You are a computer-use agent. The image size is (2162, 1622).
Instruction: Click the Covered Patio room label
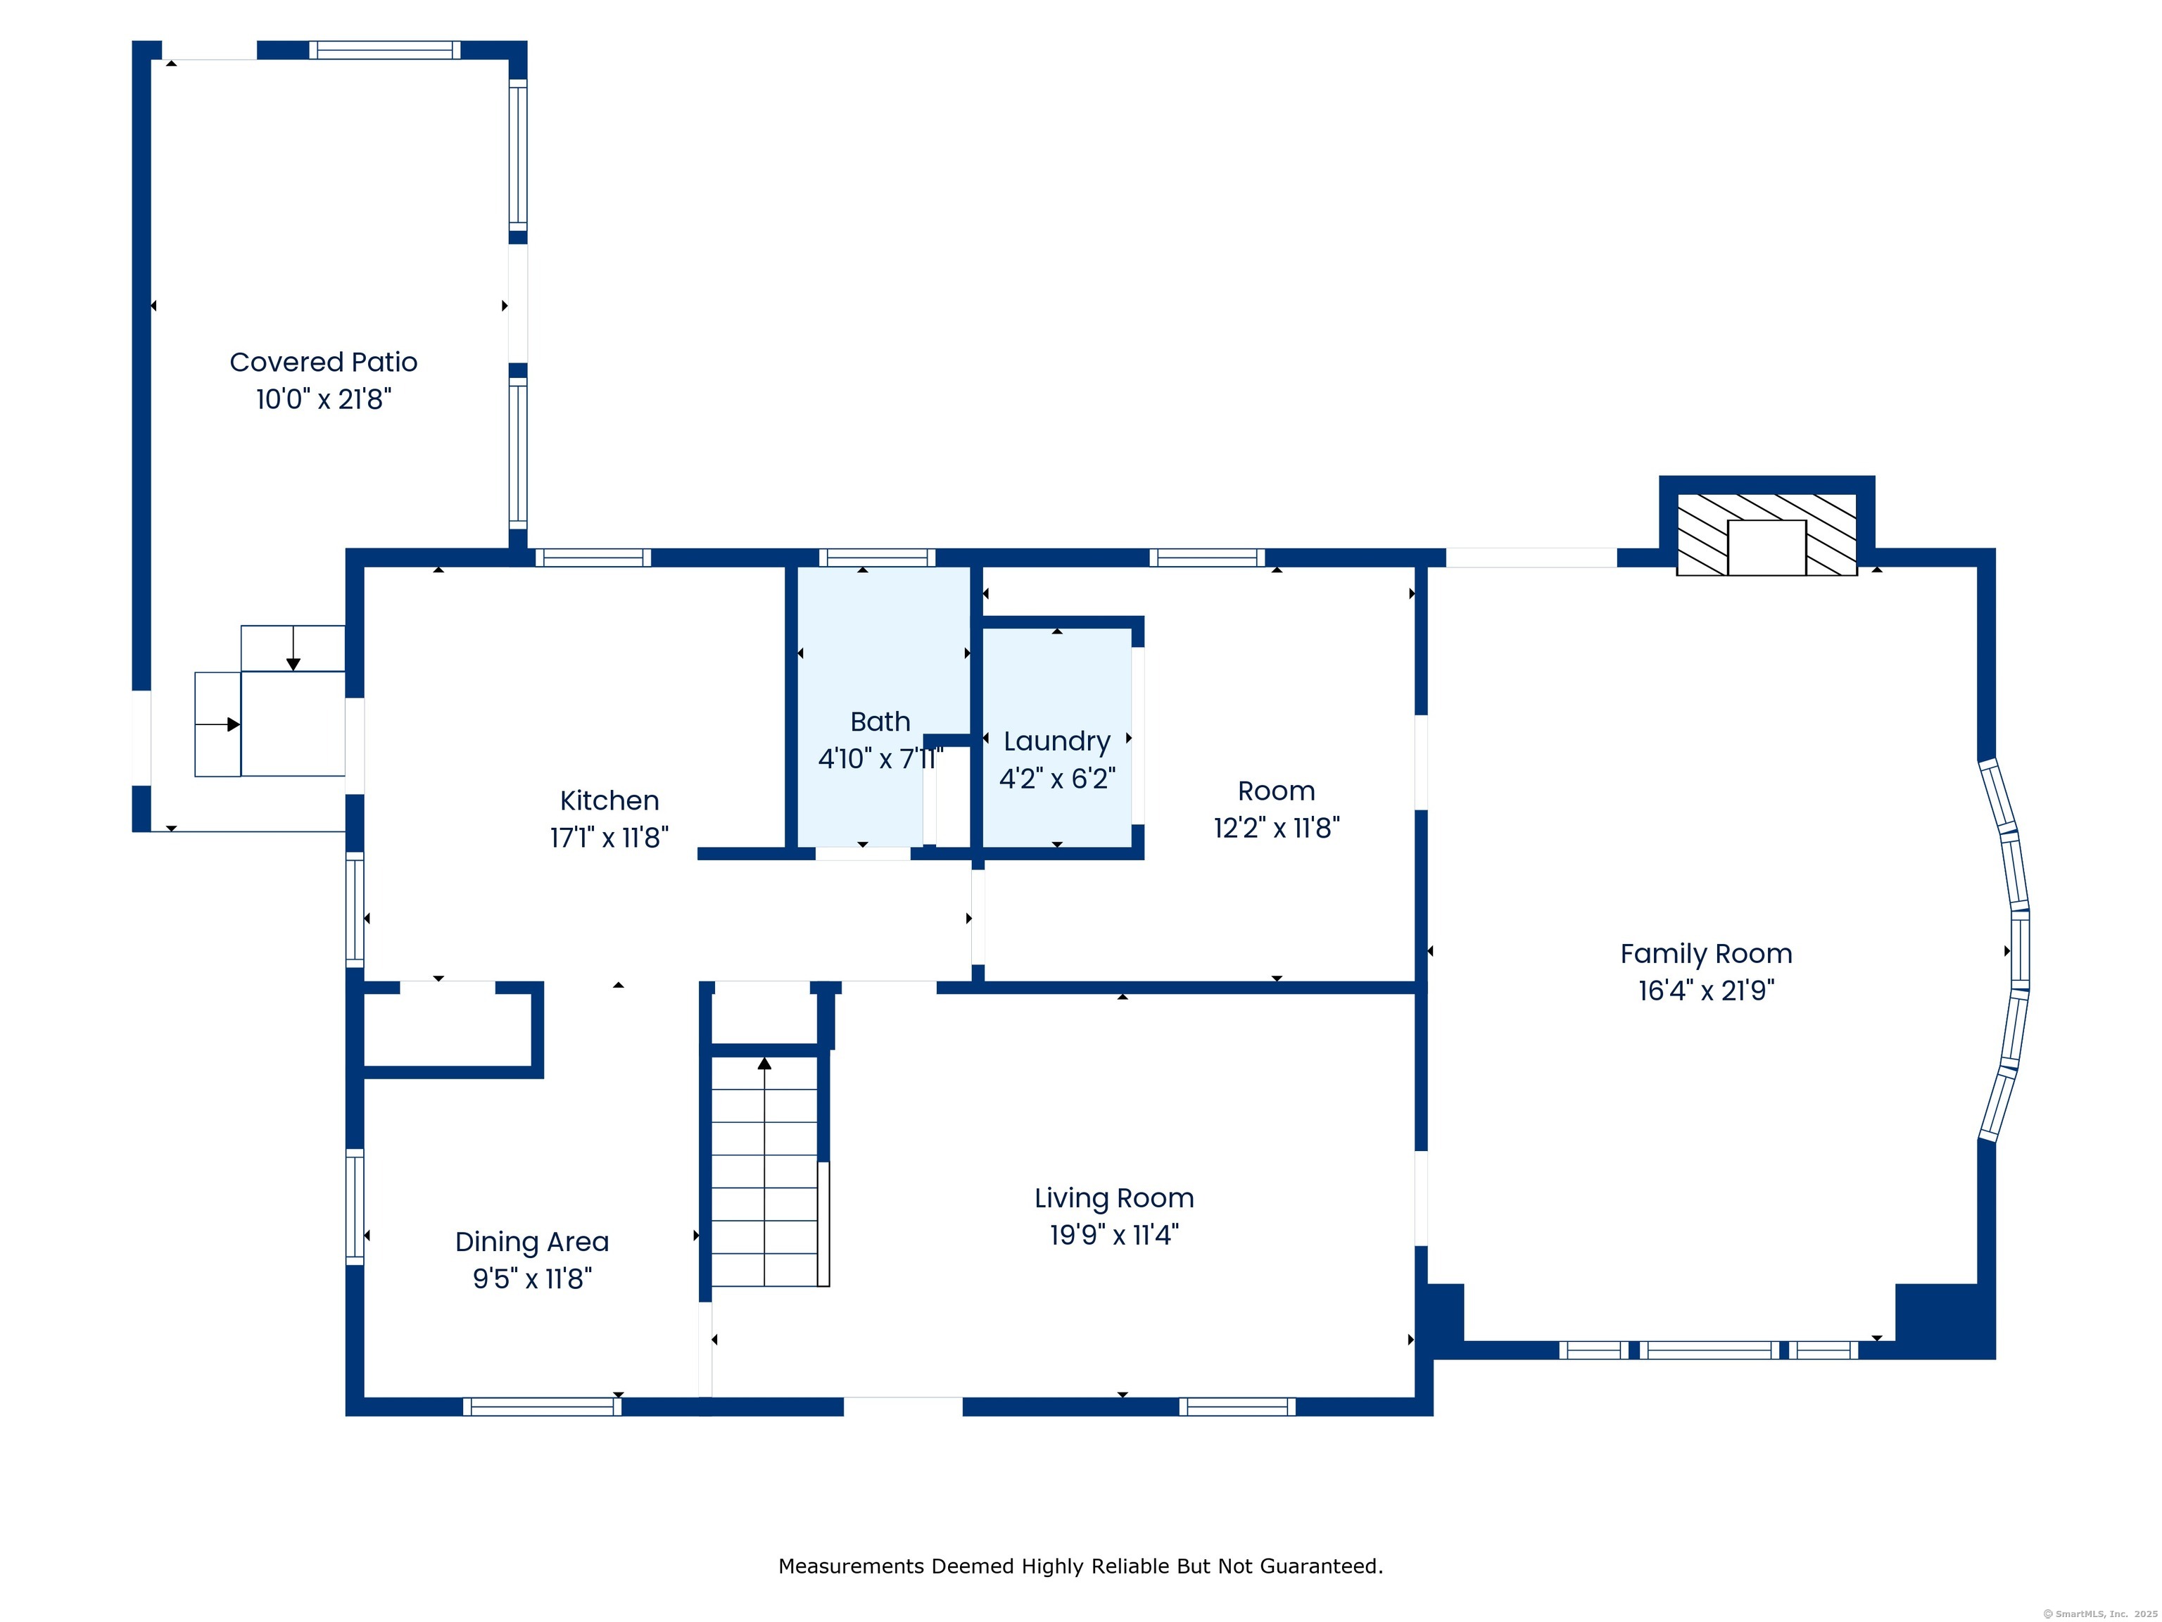pyautogui.click(x=324, y=363)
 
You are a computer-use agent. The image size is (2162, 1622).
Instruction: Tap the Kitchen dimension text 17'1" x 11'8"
pyautogui.click(x=609, y=838)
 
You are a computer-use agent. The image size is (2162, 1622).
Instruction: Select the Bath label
pyautogui.click(x=880, y=722)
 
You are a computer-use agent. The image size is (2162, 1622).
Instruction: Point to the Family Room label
pyautogui.click(x=1705, y=953)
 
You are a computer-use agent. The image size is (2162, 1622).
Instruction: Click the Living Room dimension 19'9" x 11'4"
pyautogui.click(x=1113, y=1235)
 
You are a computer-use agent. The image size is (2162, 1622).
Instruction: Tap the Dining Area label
pyautogui.click(x=532, y=1242)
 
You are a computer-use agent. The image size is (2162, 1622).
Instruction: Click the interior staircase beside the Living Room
pyautogui.click(x=764, y=1174)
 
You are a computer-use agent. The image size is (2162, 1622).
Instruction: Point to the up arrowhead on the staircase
pyautogui.click(x=764, y=1063)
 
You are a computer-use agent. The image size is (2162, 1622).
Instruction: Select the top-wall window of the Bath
pyautogui.click(x=877, y=558)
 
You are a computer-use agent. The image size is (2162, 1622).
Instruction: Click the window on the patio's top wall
pyautogui.click(x=385, y=50)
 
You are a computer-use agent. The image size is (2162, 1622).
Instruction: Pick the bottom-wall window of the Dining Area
pyautogui.click(x=541, y=1406)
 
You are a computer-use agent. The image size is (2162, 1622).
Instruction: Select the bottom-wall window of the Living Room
pyautogui.click(x=1237, y=1406)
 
